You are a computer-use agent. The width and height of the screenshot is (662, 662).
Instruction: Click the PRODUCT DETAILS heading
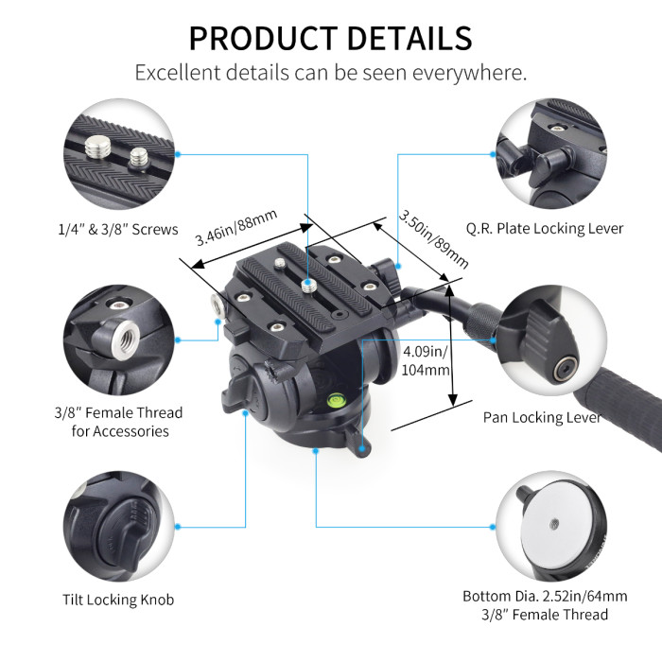pos(330,37)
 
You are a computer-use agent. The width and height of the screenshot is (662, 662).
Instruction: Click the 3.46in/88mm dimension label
pos(236,228)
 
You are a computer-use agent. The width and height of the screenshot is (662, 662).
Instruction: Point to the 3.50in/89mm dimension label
pos(433,238)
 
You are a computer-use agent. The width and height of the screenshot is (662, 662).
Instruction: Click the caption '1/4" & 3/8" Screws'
pos(116,228)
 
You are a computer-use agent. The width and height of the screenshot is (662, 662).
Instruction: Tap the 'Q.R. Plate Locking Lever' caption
pos(545,228)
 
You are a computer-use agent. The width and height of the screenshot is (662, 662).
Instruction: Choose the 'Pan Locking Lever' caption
pos(542,417)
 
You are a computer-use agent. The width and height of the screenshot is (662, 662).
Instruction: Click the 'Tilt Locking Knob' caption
pos(118,600)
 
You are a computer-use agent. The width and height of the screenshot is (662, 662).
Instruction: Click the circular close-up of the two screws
pos(118,157)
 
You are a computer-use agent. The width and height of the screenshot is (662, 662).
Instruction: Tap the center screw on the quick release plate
pos(308,281)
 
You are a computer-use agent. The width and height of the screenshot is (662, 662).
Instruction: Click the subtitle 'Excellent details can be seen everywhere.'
pos(330,73)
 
